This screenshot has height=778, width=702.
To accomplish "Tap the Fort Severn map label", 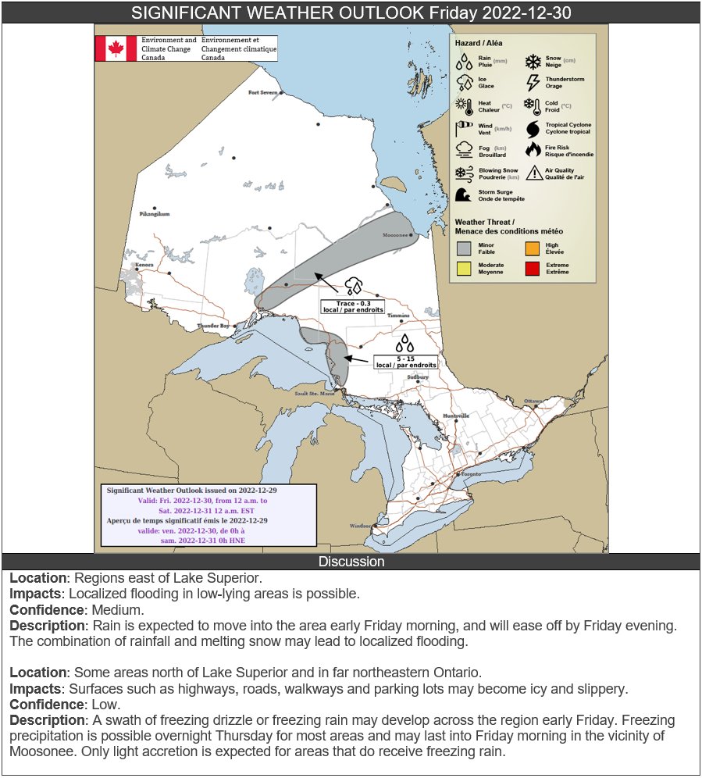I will [262, 92].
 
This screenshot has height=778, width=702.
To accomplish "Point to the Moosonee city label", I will [397, 235].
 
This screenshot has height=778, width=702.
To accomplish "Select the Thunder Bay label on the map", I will [213, 325].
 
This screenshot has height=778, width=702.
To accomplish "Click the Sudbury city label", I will [418, 377].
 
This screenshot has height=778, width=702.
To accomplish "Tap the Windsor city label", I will [361, 526].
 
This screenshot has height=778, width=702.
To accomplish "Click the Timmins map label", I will [398, 316].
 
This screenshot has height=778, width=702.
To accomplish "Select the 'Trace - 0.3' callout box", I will [353, 306].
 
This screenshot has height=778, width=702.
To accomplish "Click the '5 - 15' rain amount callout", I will [405, 362].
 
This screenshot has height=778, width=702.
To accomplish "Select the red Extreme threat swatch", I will [533, 269].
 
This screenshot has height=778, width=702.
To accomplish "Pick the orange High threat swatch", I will [533, 249].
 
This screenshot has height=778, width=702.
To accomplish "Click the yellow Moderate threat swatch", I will [464, 269].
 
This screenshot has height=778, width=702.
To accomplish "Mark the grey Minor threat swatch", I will [464, 249].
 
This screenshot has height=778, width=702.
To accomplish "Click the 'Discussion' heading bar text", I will [351, 562].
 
